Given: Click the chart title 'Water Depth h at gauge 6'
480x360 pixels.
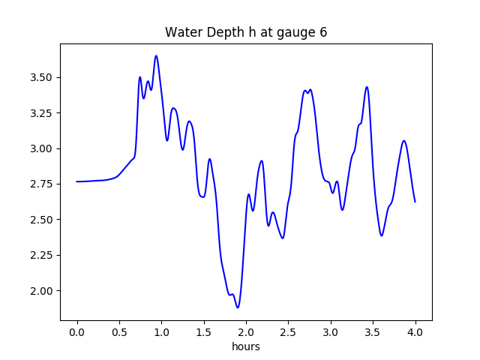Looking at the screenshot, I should pos(246,33).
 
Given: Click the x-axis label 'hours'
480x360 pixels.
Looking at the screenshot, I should pos(246,347).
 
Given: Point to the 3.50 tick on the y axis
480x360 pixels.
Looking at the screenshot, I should pos(41,77).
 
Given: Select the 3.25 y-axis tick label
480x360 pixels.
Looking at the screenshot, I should pos(41,113).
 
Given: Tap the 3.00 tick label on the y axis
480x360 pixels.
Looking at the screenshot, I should pos(41,148).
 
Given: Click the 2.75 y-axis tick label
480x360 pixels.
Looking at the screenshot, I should pos(41,184).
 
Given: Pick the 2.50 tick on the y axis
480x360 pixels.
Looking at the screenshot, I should pos(41,220).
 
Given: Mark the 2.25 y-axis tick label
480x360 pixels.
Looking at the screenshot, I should pos(41,255).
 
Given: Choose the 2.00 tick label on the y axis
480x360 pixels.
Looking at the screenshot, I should pos(41,291).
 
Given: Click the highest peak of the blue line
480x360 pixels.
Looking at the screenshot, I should pos(156,55).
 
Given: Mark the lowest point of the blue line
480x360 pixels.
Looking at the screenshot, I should pos(238,307).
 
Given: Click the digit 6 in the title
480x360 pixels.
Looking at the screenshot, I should pos(323,33).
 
